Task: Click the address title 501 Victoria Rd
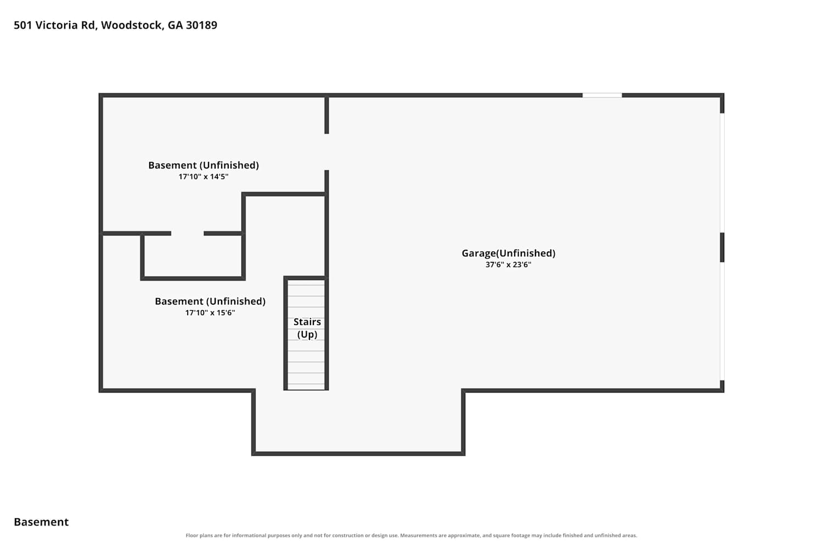pyautogui.click(x=55, y=25)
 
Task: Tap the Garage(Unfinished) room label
pyautogui.click(x=509, y=253)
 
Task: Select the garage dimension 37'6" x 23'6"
pyautogui.click(x=509, y=265)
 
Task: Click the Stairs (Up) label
pyautogui.click(x=307, y=328)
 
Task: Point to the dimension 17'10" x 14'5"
pyautogui.click(x=204, y=177)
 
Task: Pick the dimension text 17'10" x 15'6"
pyautogui.click(x=210, y=313)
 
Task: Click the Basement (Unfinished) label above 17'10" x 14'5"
pyautogui.click(x=204, y=165)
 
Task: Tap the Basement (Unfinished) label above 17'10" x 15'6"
pyautogui.click(x=210, y=301)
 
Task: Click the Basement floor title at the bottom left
pyautogui.click(x=41, y=522)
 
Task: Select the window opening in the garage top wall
pyautogui.click(x=602, y=96)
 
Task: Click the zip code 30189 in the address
pyautogui.click(x=202, y=25)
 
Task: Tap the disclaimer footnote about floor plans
pyautogui.click(x=411, y=535)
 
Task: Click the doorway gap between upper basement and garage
pyautogui.click(x=326, y=152)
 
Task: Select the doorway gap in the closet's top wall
pyautogui.click(x=188, y=233)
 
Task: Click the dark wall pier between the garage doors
pyautogui.click(x=722, y=247)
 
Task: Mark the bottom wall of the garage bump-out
pyautogui.click(x=358, y=454)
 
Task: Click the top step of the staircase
pyautogui.click(x=306, y=283)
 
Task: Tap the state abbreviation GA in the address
pyautogui.click(x=175, y=25)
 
